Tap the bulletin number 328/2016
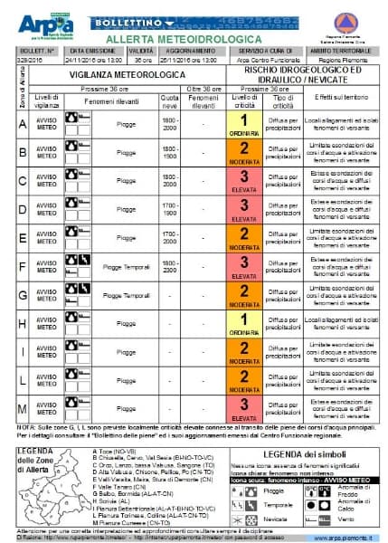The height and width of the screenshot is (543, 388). click(30, 61)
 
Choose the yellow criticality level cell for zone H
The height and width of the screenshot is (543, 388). click(243, 325)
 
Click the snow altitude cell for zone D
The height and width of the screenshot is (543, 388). click(169, 209)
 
